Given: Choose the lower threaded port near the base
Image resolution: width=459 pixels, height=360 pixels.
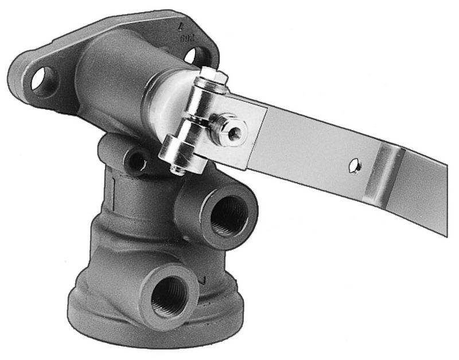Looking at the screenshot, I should point(169,296).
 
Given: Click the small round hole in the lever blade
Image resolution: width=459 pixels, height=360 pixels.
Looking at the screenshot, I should point(356,166).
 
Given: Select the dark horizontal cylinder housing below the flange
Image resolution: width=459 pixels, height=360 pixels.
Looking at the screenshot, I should point(109,80).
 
